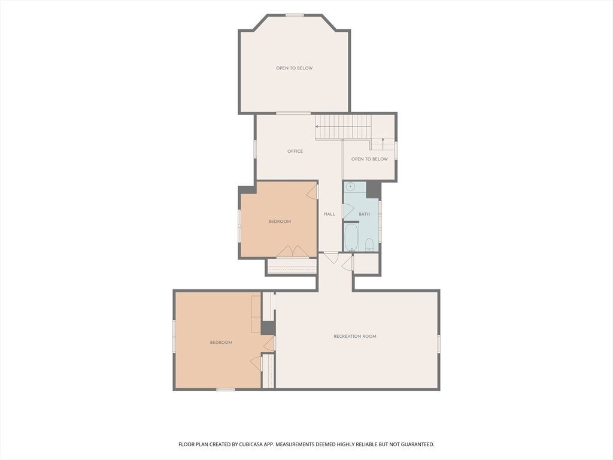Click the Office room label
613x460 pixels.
pyautogui.click(x=295, y=151)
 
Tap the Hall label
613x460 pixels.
pyautogui.click(x=330, y=214)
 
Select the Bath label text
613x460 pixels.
pyautogui.click(x=365, y=214)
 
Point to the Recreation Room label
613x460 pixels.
pyautogui.click(x=355, y=336)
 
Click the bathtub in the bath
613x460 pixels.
pyautogui.click(x=351, y=237)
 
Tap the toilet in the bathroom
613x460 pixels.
pyautogui.click(x=369, y=245)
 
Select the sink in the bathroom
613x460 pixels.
pyautogui.click(x=351, y=186)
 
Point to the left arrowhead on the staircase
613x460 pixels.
pyautogui.click(x=317, y=127)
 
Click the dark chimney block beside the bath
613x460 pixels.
pyautogui.click(x=374, y=190)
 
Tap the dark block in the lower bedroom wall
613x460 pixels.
pyautogui.click(x=268, y=328)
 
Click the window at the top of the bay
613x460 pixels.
pyautogui.click(x=295, y=15)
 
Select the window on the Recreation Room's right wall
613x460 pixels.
pyautogui.click(x=439, y=343)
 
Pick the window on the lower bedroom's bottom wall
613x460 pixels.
pyautogui.click(x=226, y=389)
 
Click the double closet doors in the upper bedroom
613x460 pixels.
pyautogui.click(x=292, y=251)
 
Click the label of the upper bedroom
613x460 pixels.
pyautogui.click(x=280, y=222)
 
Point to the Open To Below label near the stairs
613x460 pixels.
pyautogui.click(x=369, y=159)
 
